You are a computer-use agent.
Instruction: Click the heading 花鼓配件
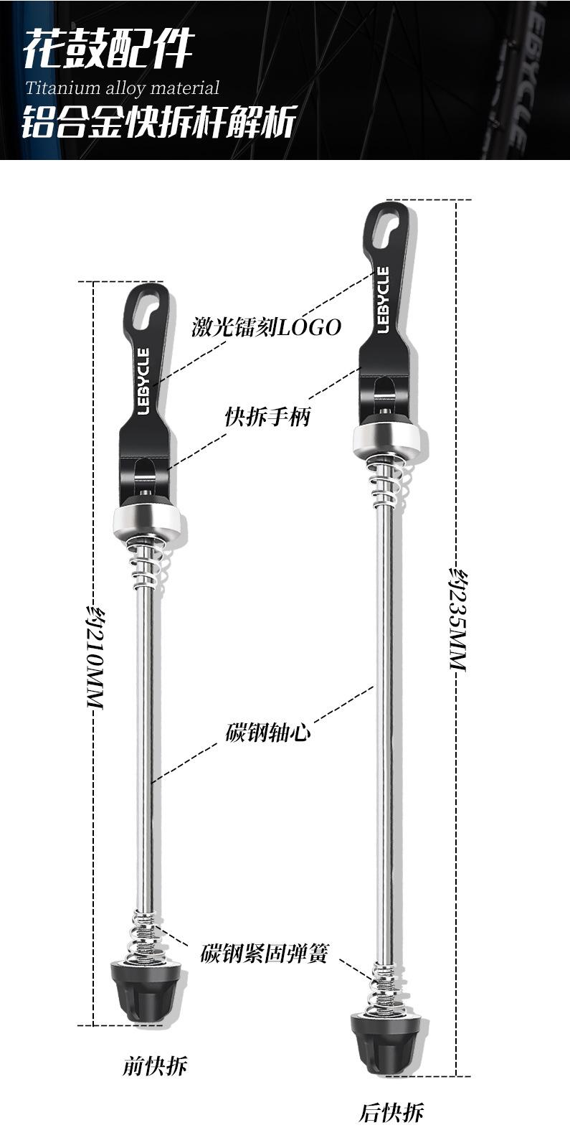click(x=109, y=49)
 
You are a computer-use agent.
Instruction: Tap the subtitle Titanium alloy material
click(x=123, y=88)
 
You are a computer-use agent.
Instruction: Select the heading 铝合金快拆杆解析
click(x=159, y=122)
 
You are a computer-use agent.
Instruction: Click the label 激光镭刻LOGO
click(x=266, y=327)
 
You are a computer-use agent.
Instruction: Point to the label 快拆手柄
click(x=267, y=417)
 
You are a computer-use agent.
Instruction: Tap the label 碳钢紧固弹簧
click(x=263, y=954)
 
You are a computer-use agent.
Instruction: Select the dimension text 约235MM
click(x=458, y=618)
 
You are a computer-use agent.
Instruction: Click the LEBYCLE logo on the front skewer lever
click(x=144, y=381)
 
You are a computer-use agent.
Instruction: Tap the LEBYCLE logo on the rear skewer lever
click(x=383, y=300)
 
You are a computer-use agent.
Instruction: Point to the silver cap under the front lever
click(x=148, y=522)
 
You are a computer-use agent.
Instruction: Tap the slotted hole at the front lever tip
click(x=150, y=309)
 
